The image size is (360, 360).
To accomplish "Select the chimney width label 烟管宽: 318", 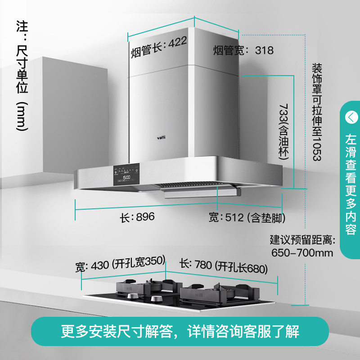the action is (243, 50).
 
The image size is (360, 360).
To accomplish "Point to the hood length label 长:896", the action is (137, 217).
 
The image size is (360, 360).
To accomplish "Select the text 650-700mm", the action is (302, 252).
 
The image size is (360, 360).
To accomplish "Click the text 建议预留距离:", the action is (301, 239).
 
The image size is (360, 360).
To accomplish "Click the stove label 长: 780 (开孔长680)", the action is (224, 266).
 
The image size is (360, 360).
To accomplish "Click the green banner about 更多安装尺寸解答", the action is (180, 332).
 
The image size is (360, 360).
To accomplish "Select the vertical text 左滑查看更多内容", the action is (351, 184).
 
